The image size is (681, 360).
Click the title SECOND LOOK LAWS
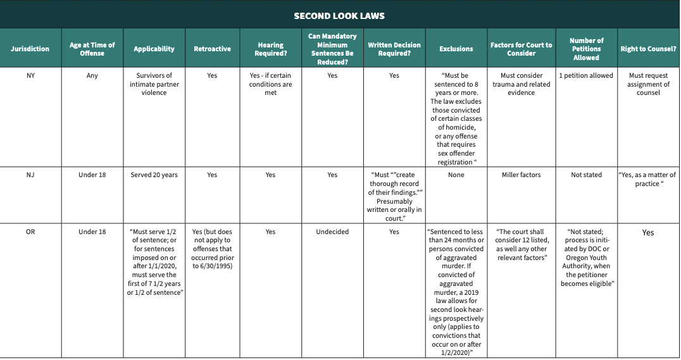click(x=339, y=16)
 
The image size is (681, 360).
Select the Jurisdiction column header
click(x=30, y=49)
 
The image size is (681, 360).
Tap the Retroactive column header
click(x=212, y=49)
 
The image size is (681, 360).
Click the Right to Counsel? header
click(x=648, y=49)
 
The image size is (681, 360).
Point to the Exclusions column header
click(x=456, y=49)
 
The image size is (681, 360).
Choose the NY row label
click(x=30, y=76)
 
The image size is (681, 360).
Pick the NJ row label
click(x=30, y=175)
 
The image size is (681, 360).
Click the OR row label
click(x=30, y=232)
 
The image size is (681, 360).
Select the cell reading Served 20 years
click(x=154, y=175)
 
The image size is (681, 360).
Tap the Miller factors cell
click(x=521, y=175)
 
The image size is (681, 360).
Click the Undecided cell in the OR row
click(x=332, y=232)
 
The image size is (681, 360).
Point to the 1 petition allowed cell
click(x=586, y=76)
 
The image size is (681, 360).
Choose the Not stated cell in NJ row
click(x=586, y=175)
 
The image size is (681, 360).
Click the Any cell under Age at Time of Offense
click(x=92, y=76)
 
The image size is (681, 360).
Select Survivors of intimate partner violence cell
click(x=154, y=84)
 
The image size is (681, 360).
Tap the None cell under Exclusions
click(x=456, y=175)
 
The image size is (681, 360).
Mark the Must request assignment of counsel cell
click(x=648, y=84)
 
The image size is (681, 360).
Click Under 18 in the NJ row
click(x=92, y=175)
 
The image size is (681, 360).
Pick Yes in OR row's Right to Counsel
click(x=648, y=233)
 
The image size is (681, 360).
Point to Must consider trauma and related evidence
click(x=521, y=84)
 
